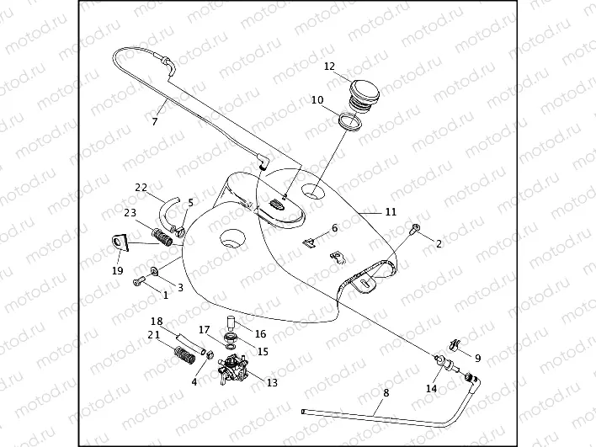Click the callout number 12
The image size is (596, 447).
pos(330,66)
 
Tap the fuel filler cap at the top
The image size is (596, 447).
pos(365,92)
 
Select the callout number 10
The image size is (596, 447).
pos(317,100)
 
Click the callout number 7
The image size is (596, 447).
pos(155,122)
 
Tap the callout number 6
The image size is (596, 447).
pos(334,227)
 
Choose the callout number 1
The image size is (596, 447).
pos(166,295)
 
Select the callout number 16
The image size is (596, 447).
pos(259,333)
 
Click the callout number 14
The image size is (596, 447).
pos(432,389)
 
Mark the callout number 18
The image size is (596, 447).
pos(157,322)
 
